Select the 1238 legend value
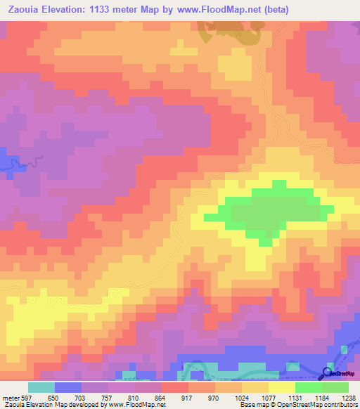pyautogui.click(x=348, y=396)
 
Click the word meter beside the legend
pyautogui.click(x=10, y=396)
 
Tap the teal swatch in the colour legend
pyautogui.click(x=41, y=387)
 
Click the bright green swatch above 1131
pyautogui.click(x=309, y=387)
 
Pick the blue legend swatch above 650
pyautogui.click(x=68, y=387)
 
